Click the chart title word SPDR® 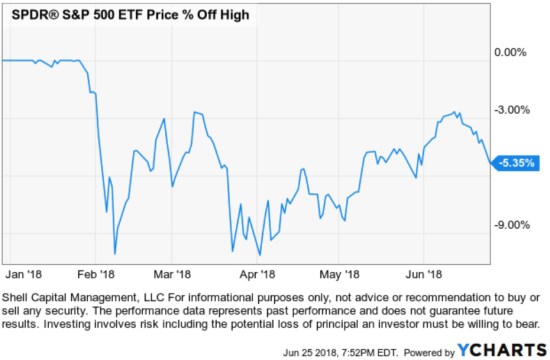point(33,16)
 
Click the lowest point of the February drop point(115,253)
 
